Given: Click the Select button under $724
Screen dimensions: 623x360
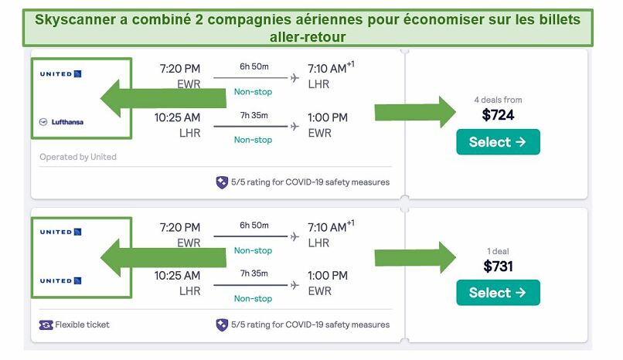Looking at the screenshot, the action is tap(498, 141).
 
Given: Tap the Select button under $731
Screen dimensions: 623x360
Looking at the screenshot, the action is tap(498, 293).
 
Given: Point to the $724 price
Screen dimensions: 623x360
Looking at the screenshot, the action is tap(498, 114).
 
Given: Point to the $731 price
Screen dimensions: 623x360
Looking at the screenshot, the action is tap(498, 266).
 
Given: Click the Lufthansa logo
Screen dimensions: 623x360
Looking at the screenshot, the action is tap(61, 122).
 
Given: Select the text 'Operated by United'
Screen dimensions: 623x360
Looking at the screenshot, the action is tap(78, 157).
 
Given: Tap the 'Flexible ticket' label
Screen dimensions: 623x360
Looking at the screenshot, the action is tap(82, 324).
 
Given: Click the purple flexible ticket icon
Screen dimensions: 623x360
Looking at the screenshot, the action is tap(46, 325).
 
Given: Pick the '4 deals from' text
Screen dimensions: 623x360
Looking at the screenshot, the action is tap(498, 100).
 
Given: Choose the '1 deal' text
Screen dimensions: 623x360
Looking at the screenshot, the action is tap(498, 251).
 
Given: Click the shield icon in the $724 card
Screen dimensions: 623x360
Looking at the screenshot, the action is tap(222, 182).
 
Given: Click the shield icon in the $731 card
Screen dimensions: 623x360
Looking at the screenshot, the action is tap(222, 324).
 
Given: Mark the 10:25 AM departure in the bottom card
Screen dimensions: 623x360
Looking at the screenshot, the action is tap(177, 276).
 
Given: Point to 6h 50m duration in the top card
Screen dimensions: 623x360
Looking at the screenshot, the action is tap(254, 66).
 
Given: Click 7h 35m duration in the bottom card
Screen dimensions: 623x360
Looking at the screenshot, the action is tap(254, 273).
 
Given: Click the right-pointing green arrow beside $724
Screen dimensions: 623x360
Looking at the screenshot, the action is tap(415, 112).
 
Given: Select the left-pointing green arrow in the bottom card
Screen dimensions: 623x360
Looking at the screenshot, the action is tap(163, 258).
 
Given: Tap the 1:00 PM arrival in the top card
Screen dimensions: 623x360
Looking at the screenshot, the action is tap(328, 117).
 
